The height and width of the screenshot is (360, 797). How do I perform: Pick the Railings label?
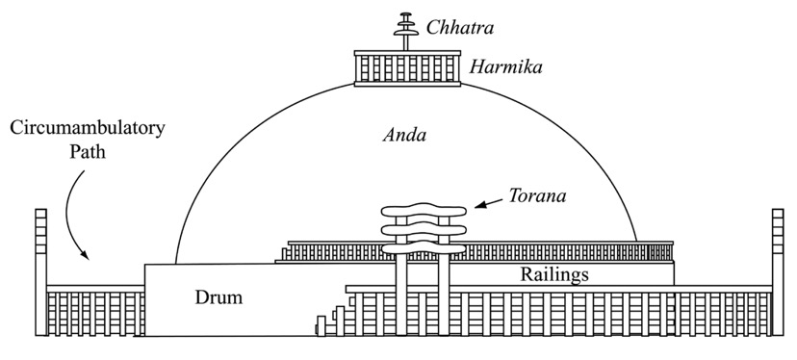pos(554,273)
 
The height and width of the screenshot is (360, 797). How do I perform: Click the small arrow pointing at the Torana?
pos(488,202)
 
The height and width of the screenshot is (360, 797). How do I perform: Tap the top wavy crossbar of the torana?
pos(424,209)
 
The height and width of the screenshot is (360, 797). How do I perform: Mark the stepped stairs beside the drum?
pos(332,318)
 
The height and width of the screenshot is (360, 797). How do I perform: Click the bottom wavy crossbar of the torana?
pos(424,247)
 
